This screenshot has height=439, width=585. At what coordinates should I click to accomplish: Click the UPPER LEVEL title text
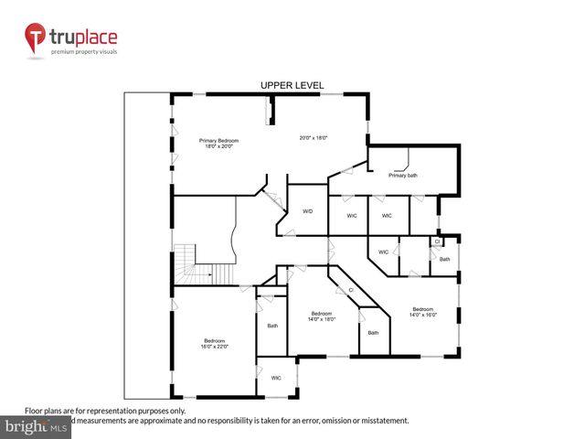[292, 85]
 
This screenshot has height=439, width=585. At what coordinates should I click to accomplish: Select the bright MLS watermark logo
[36, 426]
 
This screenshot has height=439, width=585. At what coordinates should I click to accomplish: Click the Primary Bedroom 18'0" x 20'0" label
[218, 144]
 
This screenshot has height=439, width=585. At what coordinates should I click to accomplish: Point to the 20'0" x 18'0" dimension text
[314, 137]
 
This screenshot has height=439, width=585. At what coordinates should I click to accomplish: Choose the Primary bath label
[402, 175]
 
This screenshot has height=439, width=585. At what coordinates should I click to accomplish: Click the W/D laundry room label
[308, 211]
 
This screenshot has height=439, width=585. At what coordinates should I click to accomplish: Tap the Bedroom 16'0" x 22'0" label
[216, 343]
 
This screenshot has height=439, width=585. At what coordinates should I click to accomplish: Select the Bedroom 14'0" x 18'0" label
[323, 316]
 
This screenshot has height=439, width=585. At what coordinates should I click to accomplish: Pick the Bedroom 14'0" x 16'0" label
[423, 312]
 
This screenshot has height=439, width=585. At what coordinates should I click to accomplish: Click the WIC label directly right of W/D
[351, 216]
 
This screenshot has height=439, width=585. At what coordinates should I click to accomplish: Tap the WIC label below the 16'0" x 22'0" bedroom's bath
[276, 377]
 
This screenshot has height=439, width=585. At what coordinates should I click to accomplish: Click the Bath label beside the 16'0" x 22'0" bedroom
[272, 326]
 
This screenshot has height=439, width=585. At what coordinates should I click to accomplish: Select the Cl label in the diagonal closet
[351, 290]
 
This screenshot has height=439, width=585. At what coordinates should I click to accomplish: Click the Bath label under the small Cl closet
[444, 259]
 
